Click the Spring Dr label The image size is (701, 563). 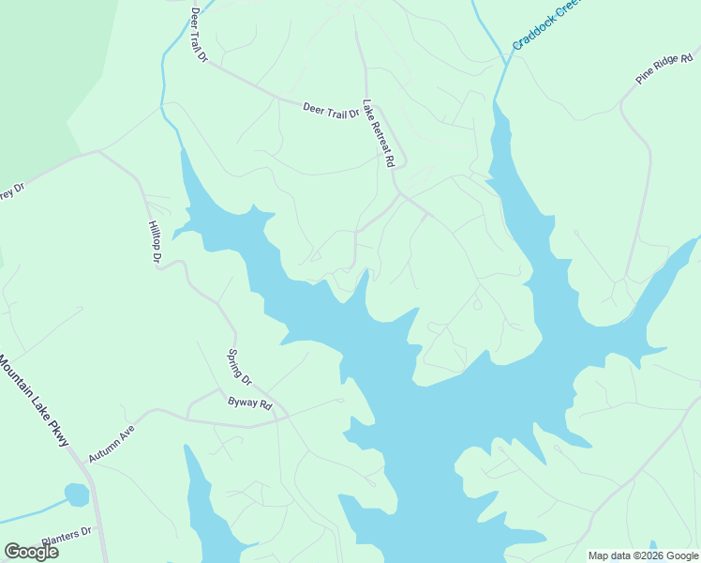(x=240, y=367)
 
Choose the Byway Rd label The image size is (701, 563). (x=249, y=405)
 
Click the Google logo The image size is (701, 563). (x=31, y=552)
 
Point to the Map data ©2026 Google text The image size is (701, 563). (x=643, y=555)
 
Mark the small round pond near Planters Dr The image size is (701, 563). (x=77, y=494)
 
